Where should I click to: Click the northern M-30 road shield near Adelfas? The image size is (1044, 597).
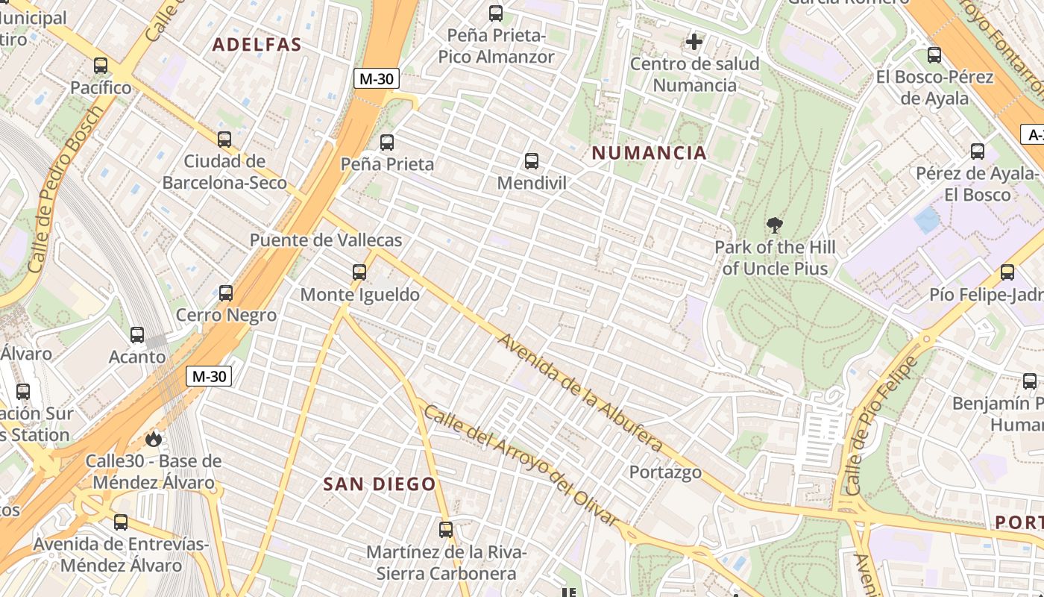coord(377,78)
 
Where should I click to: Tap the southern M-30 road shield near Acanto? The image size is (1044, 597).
coord(209,376)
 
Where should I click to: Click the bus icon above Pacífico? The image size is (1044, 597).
coord(101,66)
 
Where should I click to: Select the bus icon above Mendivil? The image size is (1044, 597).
coord(532,160)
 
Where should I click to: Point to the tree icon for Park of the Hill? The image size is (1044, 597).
coord(775,225)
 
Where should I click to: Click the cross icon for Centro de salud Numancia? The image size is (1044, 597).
coord(694,42)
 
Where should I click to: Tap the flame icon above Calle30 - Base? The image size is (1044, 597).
coord(154,439)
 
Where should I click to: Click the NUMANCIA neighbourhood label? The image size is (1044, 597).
coord(649,153)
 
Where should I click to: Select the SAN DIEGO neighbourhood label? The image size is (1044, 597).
coord(380,484)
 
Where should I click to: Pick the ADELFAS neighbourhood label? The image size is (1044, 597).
coord(257,44)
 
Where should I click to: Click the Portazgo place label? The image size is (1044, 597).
coord(665,472)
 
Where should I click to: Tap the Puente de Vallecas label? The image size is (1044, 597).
coord(325,240)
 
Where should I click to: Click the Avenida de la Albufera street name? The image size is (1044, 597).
coord(580,392)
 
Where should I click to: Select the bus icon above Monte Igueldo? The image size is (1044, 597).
coord(359,272)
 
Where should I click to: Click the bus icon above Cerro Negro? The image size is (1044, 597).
coord(226,293)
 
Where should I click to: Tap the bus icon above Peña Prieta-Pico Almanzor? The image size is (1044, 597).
coord(496,13)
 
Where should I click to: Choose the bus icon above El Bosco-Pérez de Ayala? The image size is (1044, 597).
coord(934,55)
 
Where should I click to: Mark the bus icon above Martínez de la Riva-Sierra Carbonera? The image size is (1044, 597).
coord(446,530)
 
